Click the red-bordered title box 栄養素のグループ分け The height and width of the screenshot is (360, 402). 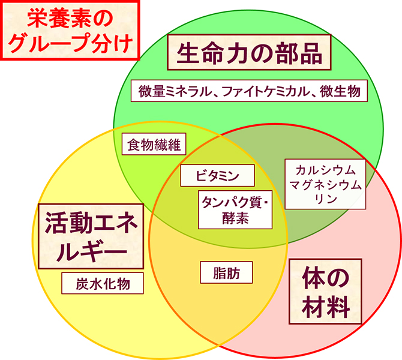coord(70,30)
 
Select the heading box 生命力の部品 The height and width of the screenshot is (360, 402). coord(249,52)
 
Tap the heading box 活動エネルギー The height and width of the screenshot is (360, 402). coord(91,236)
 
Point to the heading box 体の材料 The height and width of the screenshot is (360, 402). coord(325,292)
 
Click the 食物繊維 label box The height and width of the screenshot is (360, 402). coord(154,144)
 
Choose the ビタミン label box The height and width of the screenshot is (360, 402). coord(217,175)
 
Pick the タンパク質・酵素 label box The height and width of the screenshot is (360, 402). coord(235,210)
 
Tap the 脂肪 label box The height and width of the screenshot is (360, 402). coord(226,272)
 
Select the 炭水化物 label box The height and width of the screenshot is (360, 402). coord(103,283)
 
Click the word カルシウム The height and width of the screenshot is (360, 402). coord(325,170)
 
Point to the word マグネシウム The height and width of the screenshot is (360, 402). coord(325,185)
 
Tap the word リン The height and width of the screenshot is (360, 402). coord(325,199)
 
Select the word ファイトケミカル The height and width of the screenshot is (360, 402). coord(266,91)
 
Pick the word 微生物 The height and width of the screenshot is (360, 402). coord(340,91)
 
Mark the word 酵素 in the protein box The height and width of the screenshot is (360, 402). coord(235,218)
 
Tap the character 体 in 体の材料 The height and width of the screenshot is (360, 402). coord(312,278)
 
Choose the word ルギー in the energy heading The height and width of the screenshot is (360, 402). coord(92,251)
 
